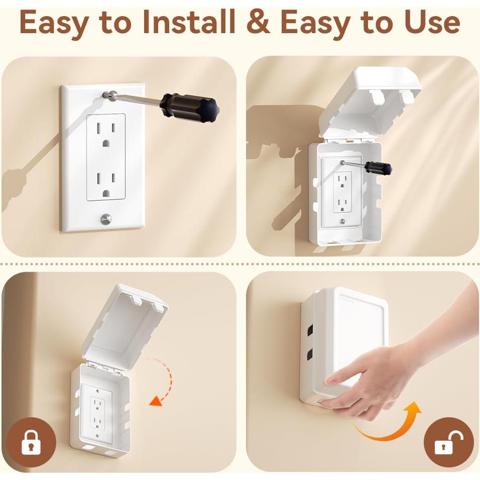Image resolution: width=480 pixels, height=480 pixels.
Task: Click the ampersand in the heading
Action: (258, 23)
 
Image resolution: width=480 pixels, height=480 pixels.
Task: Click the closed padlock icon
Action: (31, 443)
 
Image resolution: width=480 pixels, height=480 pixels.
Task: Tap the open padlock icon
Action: (448, 443)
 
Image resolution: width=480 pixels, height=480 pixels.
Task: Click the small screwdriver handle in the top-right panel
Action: (378, 168)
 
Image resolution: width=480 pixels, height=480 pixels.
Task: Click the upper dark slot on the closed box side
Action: (310, 330)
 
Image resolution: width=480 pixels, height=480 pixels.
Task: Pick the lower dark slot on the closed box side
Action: (310, 354)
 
